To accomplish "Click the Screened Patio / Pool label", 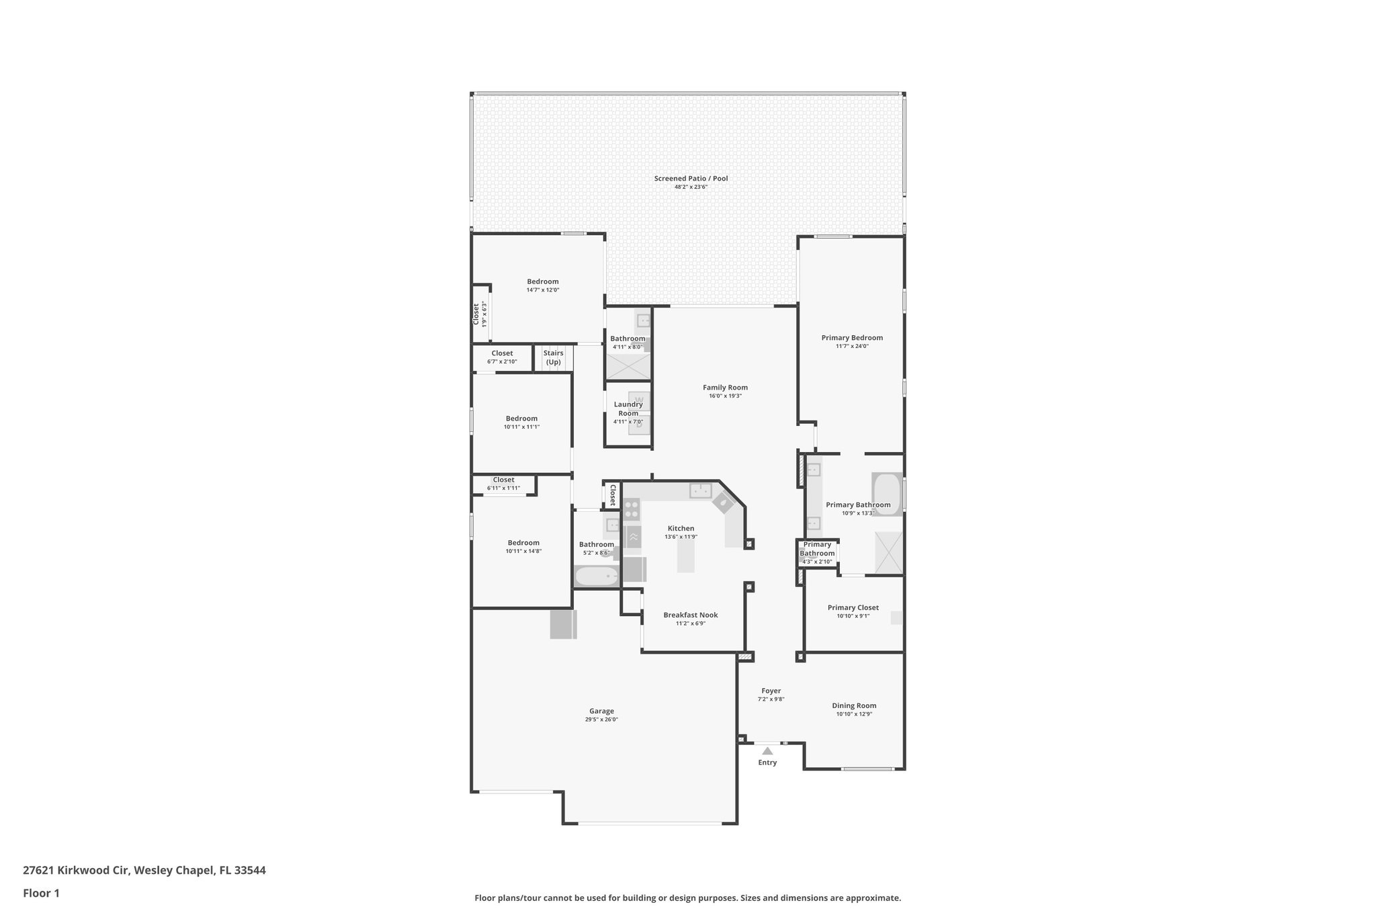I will click(x=691, y=179).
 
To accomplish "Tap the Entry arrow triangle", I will click(x=767, y=751).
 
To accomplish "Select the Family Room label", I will click(x=725, y=388).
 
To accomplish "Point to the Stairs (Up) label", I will click(x=553, y=357).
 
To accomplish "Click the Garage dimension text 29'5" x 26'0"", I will click(x=601, y=719).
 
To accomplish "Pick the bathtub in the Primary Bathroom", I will click(x=887, y=494).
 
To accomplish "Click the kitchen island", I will click(x=685, y=556).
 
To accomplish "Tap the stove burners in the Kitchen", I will click(x=631, y=509).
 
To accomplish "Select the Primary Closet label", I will click(x=853, y=608).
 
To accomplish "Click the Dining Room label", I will click(x=854, y=705).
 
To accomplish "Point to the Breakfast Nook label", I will click(x=691, y=615).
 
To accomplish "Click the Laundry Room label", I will click(x=628, y=408).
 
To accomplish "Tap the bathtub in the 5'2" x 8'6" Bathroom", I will click(x=596, y=576).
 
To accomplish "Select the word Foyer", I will click(x=771, y=691).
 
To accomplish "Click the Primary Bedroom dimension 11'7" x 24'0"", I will click(x=852, y=347).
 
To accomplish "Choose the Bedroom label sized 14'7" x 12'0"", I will click(x=542, y=281).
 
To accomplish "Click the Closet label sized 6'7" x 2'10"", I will click(x=502, y=353).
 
